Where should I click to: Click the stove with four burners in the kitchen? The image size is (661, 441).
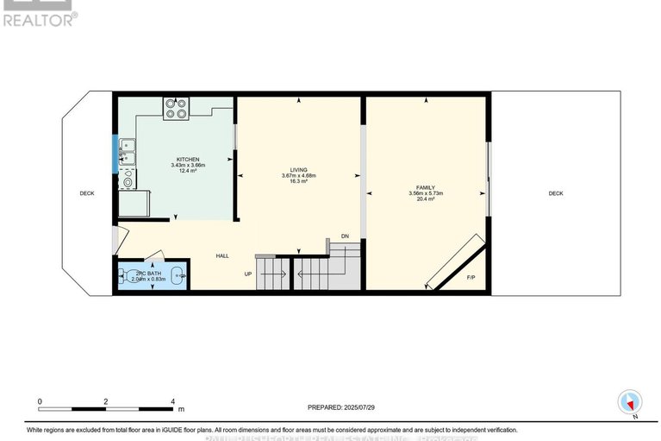pos(176,108)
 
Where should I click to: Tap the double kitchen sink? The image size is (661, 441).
pos(128,152)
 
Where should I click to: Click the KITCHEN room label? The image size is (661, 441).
pos(188,160)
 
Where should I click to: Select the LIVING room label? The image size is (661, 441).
pos(299,170)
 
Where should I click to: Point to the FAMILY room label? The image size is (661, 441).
pos(426,187)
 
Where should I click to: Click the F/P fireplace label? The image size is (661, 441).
pos(471,278)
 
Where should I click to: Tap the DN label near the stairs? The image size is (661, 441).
pos(345,236)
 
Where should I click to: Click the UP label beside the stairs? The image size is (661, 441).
pos(248,274)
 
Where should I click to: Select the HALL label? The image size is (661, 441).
pos(222,255)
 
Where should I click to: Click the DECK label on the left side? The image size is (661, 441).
pos(87,193)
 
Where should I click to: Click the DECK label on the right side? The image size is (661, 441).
pos(556,193)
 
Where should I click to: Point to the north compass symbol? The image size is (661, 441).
pos(631,403)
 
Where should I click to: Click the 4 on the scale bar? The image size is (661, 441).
pos(173,401)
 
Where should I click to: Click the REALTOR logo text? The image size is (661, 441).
pos(40,17)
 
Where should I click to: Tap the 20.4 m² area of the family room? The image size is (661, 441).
pos(426,199)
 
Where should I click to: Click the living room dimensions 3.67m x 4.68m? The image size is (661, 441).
pos(299,176)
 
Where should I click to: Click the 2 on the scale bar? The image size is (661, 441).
pos(106,401)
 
